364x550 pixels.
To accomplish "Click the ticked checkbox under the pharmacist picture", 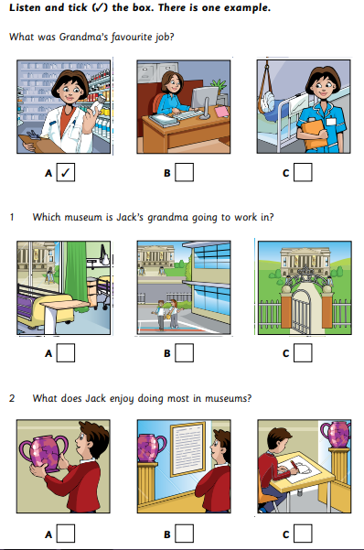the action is (66, 172).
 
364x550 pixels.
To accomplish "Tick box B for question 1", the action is (184, 352).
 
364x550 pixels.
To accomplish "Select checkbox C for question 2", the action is (303, 534).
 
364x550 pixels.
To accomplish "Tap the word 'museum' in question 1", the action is (84, 217).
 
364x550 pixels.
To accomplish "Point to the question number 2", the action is (12, 398).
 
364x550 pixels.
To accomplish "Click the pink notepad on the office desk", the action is (221, 112).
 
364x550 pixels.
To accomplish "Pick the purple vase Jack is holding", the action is (43, 452).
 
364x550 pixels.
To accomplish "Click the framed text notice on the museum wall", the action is (187, 449).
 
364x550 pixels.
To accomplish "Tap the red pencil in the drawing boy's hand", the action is (294, 466).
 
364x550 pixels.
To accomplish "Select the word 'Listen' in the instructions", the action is (24, 7).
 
